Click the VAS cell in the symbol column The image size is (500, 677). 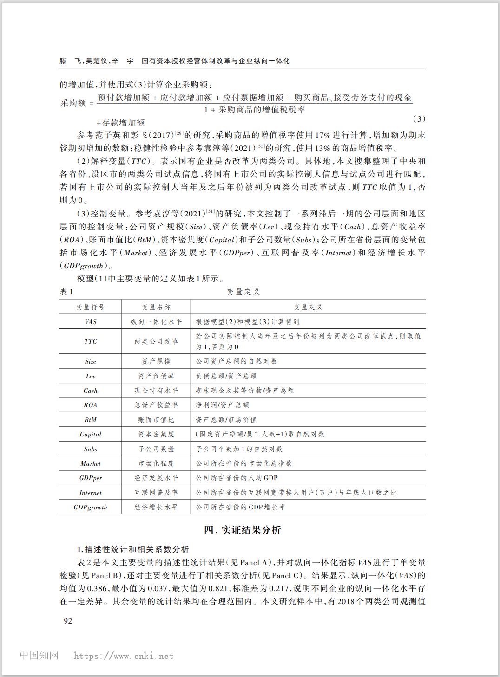click(x=91, y=322)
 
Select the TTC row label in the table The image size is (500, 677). click(x=91, y=341)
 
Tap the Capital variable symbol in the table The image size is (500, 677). click(x=91, y=434)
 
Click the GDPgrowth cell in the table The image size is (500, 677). click(x=91, y=507)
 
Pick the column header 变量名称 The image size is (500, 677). click(x=156, y=307)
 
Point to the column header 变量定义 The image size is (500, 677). click(x=308, y=307)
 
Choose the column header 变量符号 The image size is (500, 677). click(x=91, y=307)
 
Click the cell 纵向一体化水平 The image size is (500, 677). click(x=156, y=322)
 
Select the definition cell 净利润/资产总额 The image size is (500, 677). click(x=223, y=405)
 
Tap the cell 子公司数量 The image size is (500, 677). click(x=156, y=449)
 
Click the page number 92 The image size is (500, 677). click(x=68, y=621)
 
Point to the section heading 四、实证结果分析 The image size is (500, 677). click(x=243, y=530)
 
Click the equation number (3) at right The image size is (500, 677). click(x=419, y=119)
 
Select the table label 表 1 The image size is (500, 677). click(x=66, y=292)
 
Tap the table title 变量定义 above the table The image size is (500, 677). click(x=243, y=292)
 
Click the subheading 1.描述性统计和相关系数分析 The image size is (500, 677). click(x=133, y=549)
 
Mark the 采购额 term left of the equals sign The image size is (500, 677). click(x=73, y=103)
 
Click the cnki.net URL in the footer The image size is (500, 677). click(x=124, y=656)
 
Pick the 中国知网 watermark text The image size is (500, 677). click(x=39, y=655)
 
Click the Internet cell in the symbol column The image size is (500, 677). click(x=91, y=493)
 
